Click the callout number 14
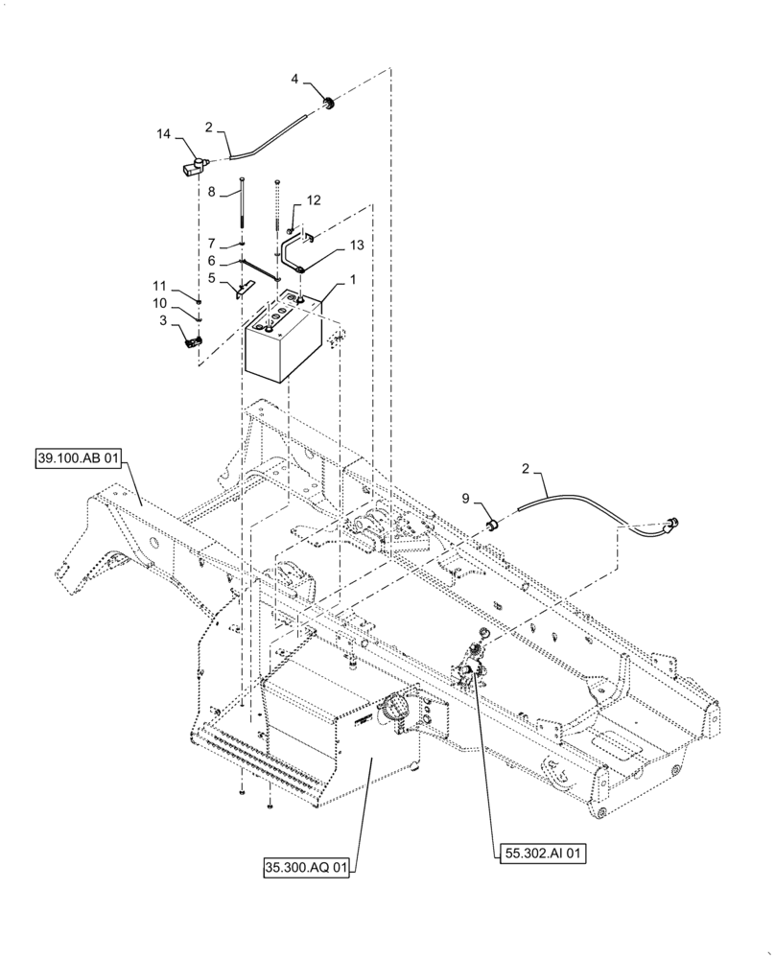tap(165, 136)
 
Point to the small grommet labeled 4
tap(328, 103)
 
